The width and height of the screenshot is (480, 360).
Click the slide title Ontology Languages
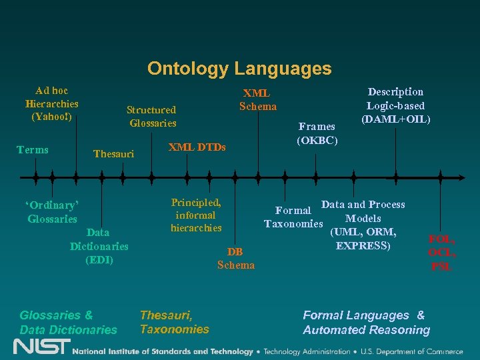(239, 68)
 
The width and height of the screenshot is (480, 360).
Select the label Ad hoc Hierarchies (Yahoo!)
(52, 103)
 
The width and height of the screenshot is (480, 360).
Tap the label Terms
(33, 149)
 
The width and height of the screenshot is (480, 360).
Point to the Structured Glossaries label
(153, 116)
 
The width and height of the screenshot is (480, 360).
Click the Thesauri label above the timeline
(113, 154)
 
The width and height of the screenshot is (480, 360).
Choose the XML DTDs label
(197, 147)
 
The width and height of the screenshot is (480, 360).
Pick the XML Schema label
(258, 99)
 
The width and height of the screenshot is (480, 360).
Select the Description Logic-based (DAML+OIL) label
(395, 105)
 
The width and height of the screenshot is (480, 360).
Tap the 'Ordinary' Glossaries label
(52, 212)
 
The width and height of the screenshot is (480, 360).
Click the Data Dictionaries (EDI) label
(99, 246)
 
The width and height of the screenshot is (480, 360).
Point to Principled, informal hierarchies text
(196, 215)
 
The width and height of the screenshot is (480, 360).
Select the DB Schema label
(235, 259)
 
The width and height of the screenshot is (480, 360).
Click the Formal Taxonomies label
(293, 217)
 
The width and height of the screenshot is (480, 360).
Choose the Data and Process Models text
(363, 225)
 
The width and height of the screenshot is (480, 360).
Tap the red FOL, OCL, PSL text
(442, 252)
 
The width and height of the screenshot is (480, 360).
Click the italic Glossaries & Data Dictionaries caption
(68, 323)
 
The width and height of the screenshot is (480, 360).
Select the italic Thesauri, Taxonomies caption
(174, 322)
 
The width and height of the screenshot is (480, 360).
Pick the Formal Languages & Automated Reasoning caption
(366, 323)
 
